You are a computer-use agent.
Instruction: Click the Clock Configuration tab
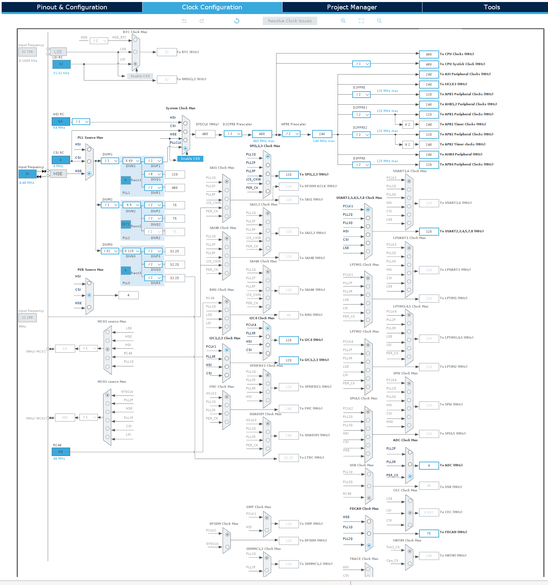point(212,7)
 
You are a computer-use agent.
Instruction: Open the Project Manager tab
point(352,7)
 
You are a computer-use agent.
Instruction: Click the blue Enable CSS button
point(190,159)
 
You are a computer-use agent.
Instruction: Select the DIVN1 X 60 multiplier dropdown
point(132,161)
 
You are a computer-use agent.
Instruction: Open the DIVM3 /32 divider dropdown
point(110,251)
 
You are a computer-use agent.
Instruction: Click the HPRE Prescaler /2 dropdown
point(292,134)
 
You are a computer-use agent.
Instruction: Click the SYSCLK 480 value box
point(205,134)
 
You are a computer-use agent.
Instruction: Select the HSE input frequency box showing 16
point(27,174)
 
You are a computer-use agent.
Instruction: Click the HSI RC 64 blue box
point(61,121)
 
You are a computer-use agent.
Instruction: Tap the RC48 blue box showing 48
point(61,452)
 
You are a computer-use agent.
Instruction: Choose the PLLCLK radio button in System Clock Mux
point(185,148)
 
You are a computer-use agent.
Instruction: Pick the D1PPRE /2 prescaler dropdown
point(361,95)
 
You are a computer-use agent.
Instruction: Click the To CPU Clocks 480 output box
point(429,54)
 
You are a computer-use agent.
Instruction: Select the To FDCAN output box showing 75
point(429,534)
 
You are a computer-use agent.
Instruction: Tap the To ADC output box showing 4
point(429,465)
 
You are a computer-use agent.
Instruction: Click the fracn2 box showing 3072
point(126,224)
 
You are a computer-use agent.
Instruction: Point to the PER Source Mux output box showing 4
point(128,295)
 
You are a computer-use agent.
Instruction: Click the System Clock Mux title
point(180,108)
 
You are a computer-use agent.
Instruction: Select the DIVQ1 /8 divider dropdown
point(153,174)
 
